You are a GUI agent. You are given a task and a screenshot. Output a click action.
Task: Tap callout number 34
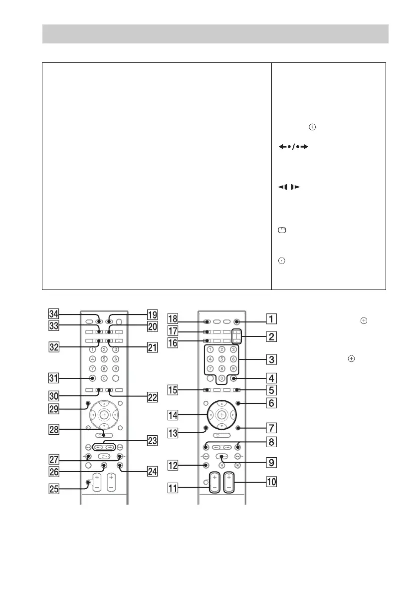pyautogui.click(x=48, y=314)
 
